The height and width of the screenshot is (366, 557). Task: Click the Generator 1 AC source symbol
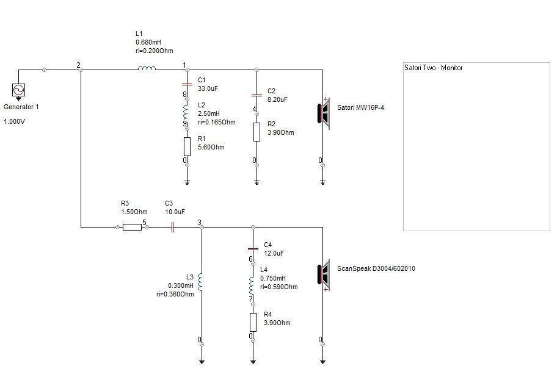(18, 90)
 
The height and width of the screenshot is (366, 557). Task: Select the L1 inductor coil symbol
(147, 68)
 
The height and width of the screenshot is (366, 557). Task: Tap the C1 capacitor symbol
(187, 84)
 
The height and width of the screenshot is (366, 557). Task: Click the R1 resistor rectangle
(187, 146)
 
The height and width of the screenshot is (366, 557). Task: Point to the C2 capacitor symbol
(257, 95)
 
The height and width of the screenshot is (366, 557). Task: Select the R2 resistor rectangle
(257, 132)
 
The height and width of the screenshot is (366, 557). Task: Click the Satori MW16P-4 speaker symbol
(324, 113)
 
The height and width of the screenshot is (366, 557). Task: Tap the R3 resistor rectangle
(132, 227)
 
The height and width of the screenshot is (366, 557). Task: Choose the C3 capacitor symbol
(172, 227)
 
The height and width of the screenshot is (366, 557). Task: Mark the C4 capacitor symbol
(253, 249)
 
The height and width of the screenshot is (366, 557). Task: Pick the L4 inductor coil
(252, 286)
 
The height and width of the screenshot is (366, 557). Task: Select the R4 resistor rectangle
(253, 322)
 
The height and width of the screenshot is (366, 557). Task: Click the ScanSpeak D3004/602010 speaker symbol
(324, 275)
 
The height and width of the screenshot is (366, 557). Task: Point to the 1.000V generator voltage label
(14, 121)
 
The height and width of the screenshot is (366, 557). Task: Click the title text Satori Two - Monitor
(434, 68)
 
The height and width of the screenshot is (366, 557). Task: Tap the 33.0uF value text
(208, 88)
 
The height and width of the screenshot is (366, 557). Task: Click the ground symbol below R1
(187, 182)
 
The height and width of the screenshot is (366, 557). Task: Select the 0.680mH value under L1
(148, 42)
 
